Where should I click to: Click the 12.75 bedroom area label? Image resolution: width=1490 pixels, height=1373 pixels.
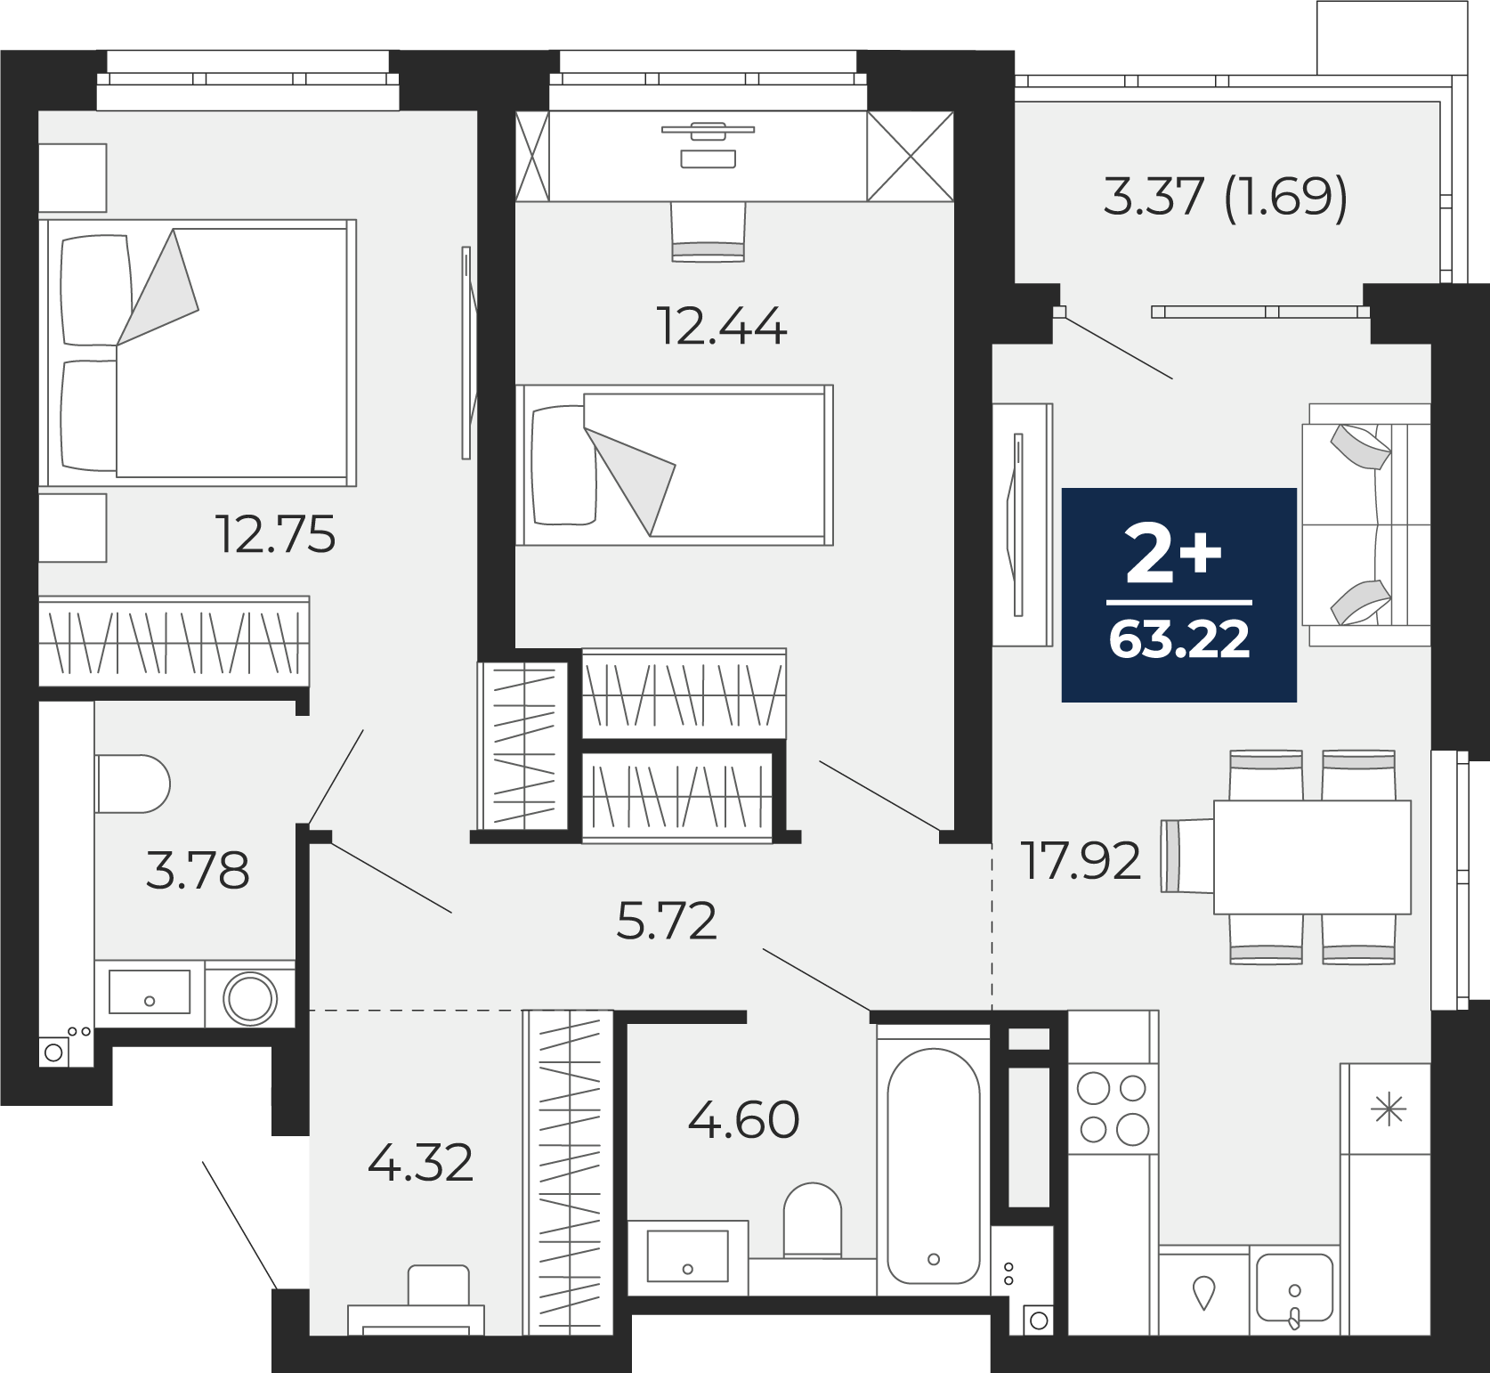click(277, 534)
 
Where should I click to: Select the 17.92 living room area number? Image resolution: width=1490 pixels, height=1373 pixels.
click(1081, 861)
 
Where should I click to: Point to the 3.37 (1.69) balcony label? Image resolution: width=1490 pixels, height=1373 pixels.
click(1226, 197)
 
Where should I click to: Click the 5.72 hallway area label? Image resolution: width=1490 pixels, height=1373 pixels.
click(667, 921)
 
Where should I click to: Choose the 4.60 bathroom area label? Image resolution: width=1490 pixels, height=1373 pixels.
click(743, 1119)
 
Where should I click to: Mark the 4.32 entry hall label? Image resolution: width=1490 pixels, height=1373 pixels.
click(420, 1163)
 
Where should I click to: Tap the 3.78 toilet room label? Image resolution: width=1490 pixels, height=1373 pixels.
click(197, 871)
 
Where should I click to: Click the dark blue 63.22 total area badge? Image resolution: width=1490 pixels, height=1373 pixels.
click(1179, 595)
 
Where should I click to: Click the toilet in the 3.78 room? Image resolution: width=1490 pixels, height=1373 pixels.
click(133, 784)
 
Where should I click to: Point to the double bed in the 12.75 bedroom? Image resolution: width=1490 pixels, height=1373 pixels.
click(198, 353)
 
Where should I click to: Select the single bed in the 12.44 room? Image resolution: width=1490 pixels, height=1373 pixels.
click(675, 465)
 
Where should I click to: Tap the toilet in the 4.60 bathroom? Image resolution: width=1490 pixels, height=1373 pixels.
click(813, 1220)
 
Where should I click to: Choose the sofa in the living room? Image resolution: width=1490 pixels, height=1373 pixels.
click(1365, 524)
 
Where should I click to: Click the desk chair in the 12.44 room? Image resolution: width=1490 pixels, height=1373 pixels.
click(708, 232)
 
